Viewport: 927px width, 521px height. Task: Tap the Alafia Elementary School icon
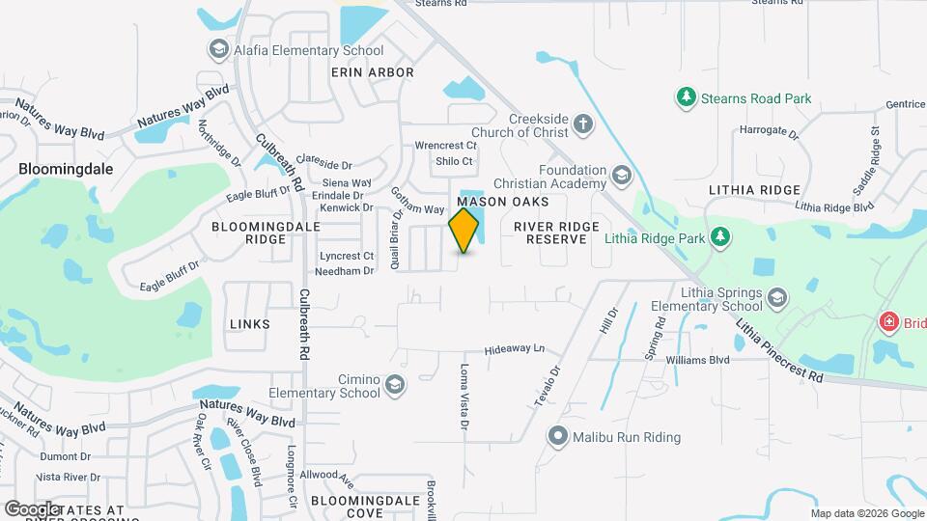(218, 49)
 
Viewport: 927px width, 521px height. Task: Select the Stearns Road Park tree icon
(686, 97)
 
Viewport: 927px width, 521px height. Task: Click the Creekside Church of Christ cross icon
(581, 123)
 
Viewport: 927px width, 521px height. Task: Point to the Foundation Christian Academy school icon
(621, 176)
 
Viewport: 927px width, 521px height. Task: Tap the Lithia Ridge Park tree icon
(718, 237)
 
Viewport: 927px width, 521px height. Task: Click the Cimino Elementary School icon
(393, 385)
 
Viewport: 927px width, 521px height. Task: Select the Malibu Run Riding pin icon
(557, 436)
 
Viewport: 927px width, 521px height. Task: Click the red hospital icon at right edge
(886, 322)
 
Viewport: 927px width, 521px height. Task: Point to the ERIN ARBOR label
(372, 72)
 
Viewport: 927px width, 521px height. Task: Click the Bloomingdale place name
(66, 168)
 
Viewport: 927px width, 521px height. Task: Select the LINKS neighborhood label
(250, 324)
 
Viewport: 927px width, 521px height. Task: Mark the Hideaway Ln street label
(515, 348)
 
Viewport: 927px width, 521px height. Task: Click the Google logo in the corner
(33, 508)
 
